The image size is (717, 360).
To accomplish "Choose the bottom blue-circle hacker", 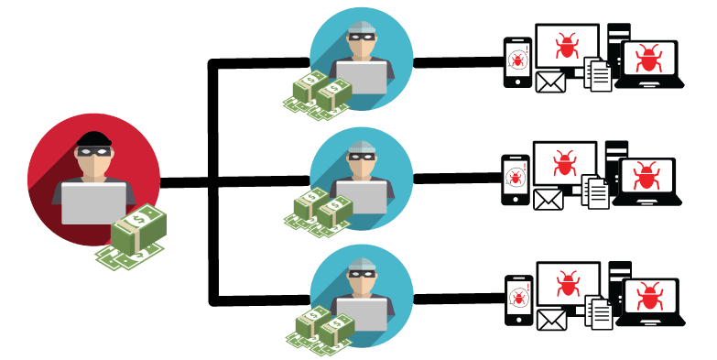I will (x=360, y=290).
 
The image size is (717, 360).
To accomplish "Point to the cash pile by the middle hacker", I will (x=320, y=210).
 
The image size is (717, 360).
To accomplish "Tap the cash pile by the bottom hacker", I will (x=320, y=328).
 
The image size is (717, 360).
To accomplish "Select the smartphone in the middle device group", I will (x=515, y=179).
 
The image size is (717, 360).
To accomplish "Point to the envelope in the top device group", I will (x=549, y=83).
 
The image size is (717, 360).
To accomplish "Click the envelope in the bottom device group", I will (x=551, y=320).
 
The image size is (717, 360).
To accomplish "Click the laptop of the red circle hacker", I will (x=92, y=202).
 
